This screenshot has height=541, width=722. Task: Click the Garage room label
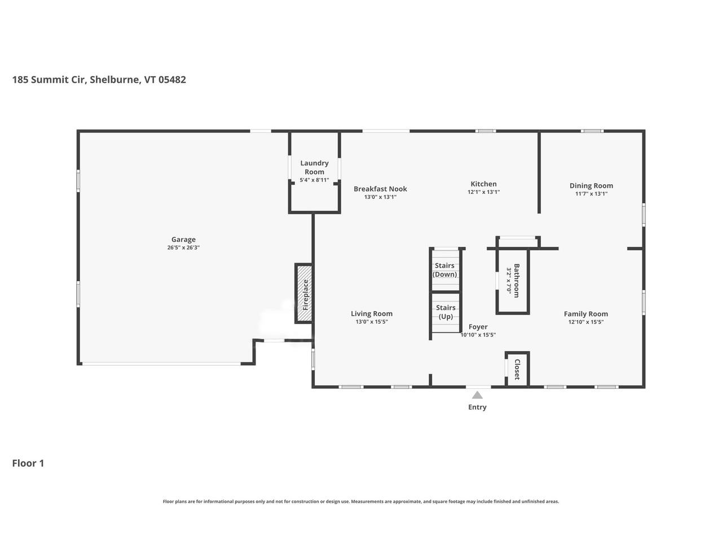[x=183, y=240]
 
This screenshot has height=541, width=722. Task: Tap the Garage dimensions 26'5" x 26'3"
[x=183, y=247]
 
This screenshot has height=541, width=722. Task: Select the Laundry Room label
[x=314, y=167]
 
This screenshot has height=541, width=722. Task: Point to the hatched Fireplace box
[x=304, y=294]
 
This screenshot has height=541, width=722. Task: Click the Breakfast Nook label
[x=380, y=189]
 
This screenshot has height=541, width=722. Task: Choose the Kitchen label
[x=483, y=184]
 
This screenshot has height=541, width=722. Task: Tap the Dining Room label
[x=591, y=185]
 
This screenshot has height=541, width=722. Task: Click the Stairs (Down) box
[x=445, y=270]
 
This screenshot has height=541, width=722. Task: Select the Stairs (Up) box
[x=446, y=312]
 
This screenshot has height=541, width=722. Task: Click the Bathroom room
[x=513, y=281]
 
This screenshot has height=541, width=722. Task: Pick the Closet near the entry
[x=517, y=370]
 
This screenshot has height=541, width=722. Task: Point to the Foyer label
[x=478, y=327]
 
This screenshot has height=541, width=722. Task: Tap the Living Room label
[x=372, y=314]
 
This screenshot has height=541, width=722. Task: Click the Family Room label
[x=585, y=314]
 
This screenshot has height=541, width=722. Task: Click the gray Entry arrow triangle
[x=477, y=395]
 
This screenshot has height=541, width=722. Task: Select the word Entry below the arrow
[x=477, y=407]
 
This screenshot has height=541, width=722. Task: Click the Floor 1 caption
[x=28, y=463]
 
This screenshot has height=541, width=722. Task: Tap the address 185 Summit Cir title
[x=99, y=79]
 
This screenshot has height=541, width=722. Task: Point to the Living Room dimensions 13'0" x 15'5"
[x=372, y=322]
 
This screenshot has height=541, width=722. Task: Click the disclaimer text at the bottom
[x=361, y=501]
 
